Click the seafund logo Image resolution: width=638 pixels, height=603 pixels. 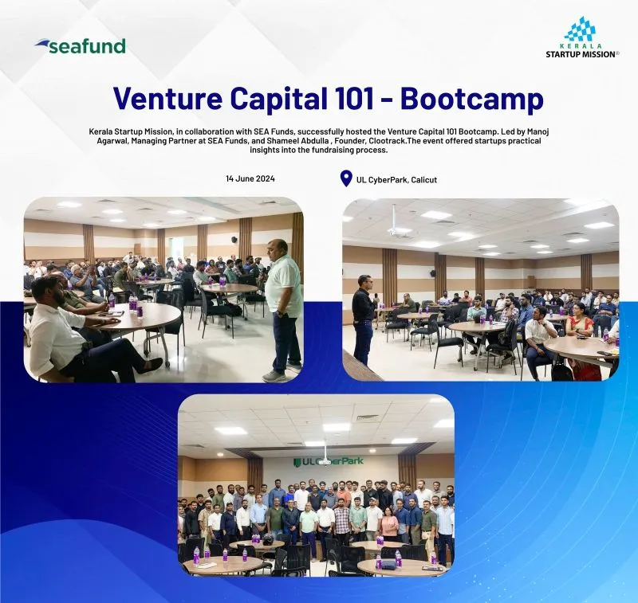pyautogui.click(x=81, y=46)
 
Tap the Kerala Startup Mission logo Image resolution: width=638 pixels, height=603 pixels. pyautogui.click(x=582, y=37)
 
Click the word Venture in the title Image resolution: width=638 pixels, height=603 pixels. pyautogui.click(x=167, y=98)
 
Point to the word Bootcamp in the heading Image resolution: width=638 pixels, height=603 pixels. pyautogui.click(x=472, y=99)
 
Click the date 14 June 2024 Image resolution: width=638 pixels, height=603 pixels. pyautogui.click(x=250, y=178)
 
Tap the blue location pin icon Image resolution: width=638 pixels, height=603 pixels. pyautogui.click(x=346, y=178)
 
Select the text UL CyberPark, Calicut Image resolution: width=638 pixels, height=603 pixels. pyautogui.click(x=396, y=179)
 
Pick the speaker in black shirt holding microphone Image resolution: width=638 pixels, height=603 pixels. pyautogui.click(x=365, y=318)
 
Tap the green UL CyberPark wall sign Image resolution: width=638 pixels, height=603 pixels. pyautogui.click(x=329, y=461)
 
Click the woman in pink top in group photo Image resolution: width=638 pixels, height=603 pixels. pyautogui.click(x=389, y=522)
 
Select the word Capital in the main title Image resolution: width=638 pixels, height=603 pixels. pyautogui.click(x=275, y=99)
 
